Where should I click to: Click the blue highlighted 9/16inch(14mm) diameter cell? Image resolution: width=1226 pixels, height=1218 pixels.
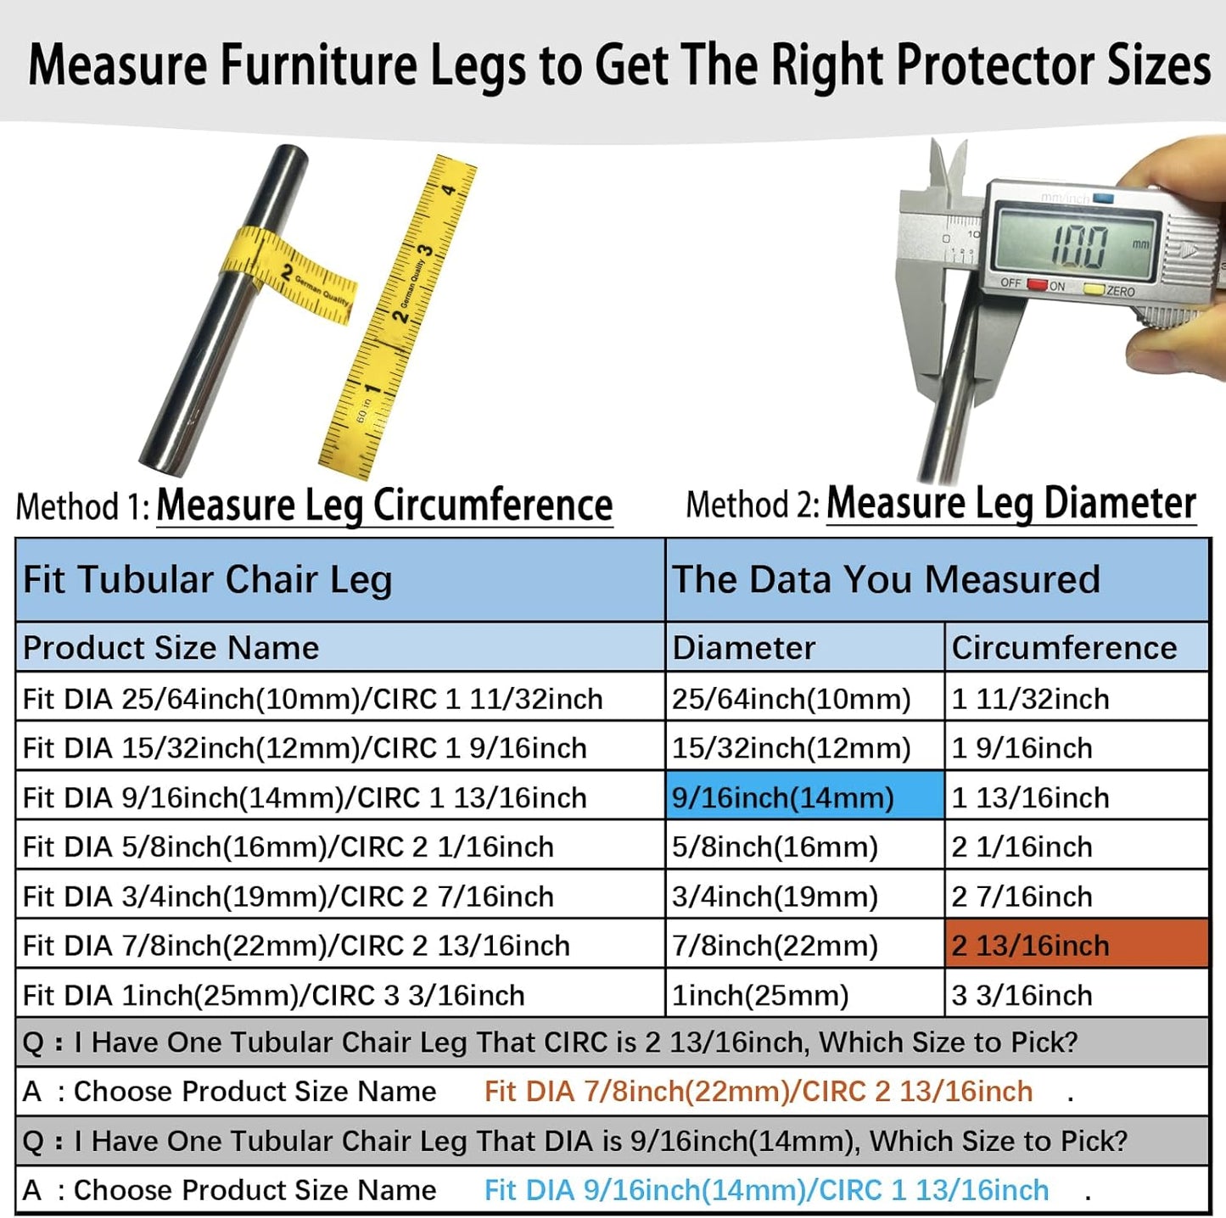[804, 797]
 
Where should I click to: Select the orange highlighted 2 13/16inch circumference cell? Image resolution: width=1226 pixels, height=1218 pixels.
[1076, 945]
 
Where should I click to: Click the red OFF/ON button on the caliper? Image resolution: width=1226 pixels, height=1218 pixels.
[1037, 284]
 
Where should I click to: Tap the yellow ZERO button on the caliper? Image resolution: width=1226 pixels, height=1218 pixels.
[1094, 289]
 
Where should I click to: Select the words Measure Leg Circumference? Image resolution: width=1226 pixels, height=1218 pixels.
[384, 506]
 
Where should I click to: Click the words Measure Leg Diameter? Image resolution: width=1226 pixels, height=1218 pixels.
[1011, 504]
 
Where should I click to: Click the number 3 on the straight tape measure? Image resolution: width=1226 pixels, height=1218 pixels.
[424, 251]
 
